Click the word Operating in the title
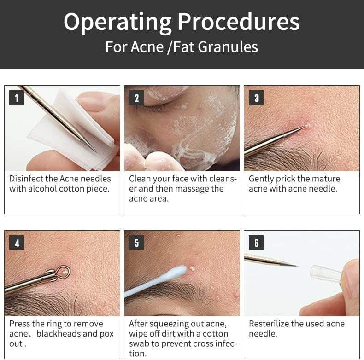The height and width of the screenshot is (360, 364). click(117, 22)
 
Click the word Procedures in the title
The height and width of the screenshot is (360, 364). click(239, 22)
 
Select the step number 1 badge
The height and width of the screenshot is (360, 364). click(17, 98)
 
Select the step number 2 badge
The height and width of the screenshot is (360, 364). click(136, 98)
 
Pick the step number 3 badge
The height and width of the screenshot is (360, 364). click(256, 98)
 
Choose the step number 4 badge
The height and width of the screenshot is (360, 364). click(17, 243)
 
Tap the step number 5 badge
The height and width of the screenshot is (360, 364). click(136, 243)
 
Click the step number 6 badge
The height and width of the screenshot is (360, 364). click(256, 243)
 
